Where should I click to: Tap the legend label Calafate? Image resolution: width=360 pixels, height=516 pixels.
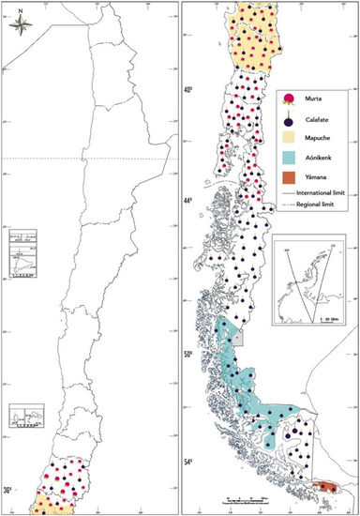tap(312, 119)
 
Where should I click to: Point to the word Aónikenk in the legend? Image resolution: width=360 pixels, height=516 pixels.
tap(315, 159)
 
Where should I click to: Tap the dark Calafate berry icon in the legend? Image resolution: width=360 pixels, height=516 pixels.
tap(289, 118)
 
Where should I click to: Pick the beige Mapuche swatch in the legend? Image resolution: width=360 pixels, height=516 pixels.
tap(289, 139)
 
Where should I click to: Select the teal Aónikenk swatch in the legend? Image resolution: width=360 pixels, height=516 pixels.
tap(289, 159)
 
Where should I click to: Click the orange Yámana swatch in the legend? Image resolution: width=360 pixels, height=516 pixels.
tap(289, 179)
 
